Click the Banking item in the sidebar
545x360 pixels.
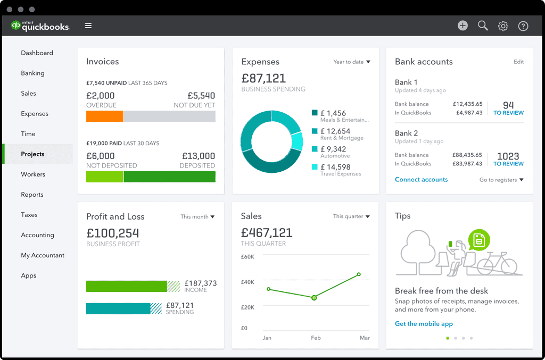[32, 73]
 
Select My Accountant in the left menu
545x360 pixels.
[43, 255]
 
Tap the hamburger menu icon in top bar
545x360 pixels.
[88, 26]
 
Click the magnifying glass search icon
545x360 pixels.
[483, 26]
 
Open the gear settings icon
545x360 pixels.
[503, 26]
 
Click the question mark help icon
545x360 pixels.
[523, 26]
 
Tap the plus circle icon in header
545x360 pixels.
[463, 26]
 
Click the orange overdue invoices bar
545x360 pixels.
[104, 116]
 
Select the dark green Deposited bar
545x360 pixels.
[169, 177]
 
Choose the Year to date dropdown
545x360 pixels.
[351, 62]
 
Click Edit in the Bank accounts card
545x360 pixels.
[518, 62]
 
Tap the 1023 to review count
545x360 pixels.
[508, 158]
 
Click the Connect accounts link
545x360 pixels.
[421, 180]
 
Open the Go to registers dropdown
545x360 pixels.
[501, 180]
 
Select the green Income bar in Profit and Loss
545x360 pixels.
[127, 286]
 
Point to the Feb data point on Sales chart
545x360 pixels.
[314, 298]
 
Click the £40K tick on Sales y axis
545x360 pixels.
[247, 282]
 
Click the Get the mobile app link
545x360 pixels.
[424, 324]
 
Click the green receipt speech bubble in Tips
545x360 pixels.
[478, 240]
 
